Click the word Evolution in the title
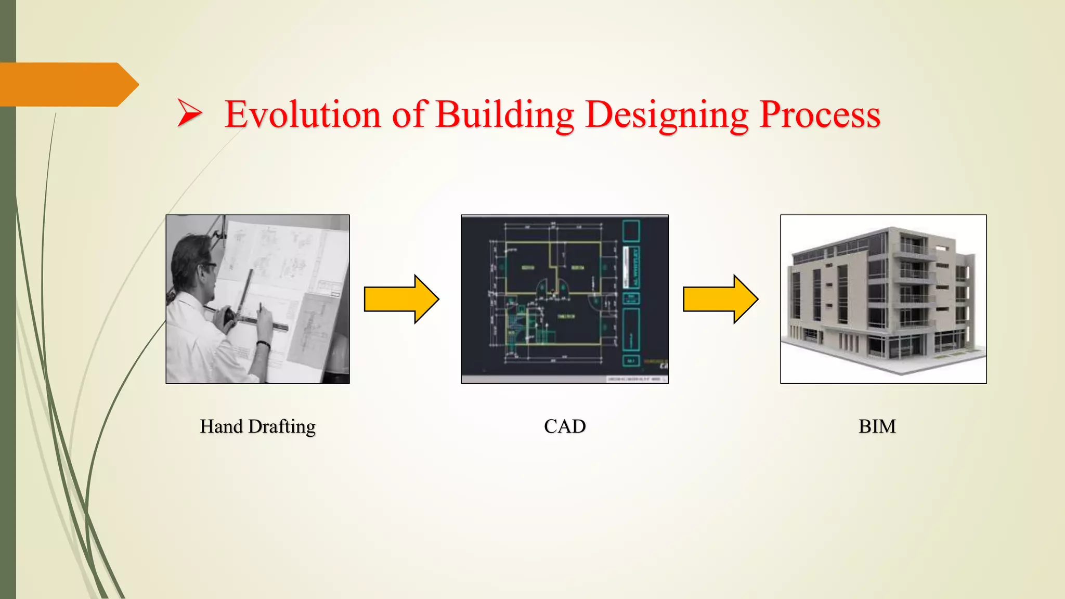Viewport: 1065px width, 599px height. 303,114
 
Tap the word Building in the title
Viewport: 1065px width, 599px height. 504,114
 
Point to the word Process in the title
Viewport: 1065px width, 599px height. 820,114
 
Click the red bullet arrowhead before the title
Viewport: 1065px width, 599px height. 189,113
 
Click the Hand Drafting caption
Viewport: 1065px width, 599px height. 257,426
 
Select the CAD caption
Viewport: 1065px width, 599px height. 565,426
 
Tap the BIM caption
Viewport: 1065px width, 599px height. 877,426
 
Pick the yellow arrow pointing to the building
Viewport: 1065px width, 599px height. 720,299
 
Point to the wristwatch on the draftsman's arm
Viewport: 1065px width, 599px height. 264,344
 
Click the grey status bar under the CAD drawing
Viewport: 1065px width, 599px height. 565,379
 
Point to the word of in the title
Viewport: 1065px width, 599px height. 409,114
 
